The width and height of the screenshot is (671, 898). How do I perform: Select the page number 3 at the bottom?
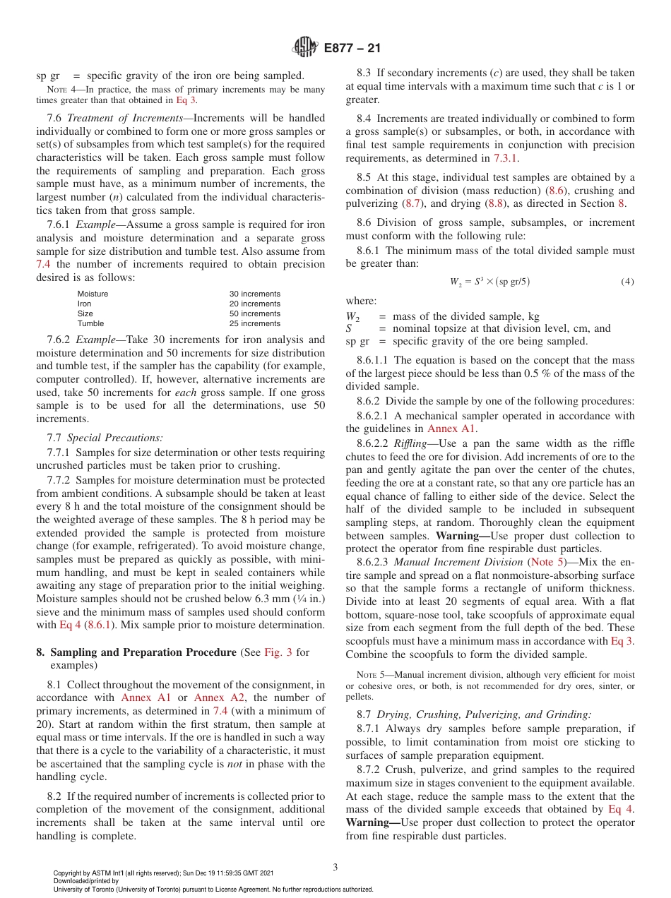coord(335,867)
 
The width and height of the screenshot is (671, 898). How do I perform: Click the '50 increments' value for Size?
coord(254,313)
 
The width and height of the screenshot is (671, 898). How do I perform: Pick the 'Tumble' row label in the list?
coord(90,323)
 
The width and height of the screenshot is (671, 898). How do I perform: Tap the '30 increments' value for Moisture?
coord(254,294)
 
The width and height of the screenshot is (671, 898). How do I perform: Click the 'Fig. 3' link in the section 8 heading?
coord(279,652)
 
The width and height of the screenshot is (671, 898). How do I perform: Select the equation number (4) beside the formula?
coord(627,282)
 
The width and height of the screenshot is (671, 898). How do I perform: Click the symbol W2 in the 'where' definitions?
coord(352,317)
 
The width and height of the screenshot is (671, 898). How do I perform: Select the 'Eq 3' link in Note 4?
coord(186,100)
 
